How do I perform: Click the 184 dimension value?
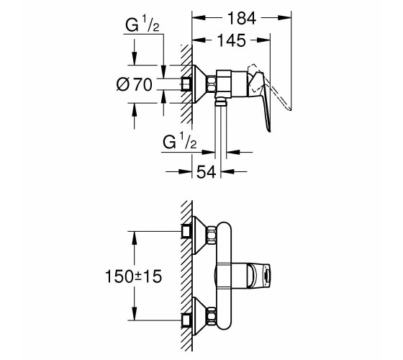[242, 18]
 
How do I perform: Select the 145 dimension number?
[231, 40]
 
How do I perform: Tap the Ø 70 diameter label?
[134, 85]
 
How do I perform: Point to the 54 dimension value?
[206, 172]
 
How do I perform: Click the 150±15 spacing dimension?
[133, 276]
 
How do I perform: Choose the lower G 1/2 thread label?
[179, 140]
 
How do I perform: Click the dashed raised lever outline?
[269, 86]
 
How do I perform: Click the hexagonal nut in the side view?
[212, 84]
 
